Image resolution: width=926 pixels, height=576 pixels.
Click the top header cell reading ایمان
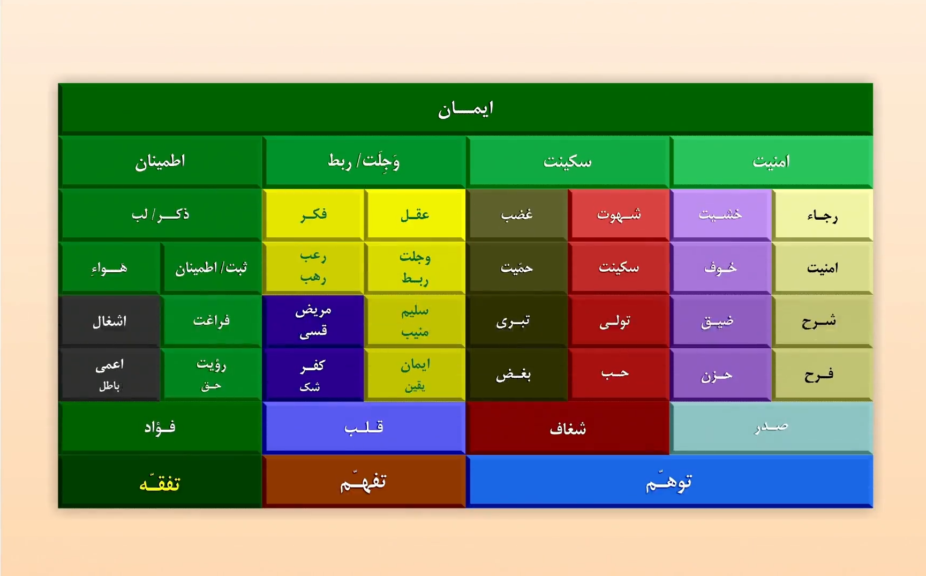tap(465, 109)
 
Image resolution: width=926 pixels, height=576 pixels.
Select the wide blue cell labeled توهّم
tap(669, 482)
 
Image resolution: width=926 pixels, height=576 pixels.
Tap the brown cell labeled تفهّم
tap(364, 482)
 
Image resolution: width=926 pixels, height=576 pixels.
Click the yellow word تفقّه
tap(160, 483)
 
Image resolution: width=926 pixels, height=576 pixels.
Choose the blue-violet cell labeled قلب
tap(364, 428)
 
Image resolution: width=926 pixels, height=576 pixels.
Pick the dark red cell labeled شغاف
tap(568, 428)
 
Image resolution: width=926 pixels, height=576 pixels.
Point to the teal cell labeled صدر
tap(771, 428)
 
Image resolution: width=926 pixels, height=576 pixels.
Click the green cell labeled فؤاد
tap(160, 428)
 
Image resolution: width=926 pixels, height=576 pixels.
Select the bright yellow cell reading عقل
tap(415, 214)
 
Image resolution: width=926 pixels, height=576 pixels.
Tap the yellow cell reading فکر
tap(313, 214)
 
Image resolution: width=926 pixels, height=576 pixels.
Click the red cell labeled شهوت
tap(619, 214)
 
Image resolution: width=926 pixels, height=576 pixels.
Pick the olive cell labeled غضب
tap(517, 214)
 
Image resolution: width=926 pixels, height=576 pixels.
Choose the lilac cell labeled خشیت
tap(720, 214)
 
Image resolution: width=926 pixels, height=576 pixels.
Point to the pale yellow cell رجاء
tap(822, 215)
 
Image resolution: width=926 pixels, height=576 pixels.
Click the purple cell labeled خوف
tap(720, 267)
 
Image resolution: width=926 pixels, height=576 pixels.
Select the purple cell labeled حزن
tap(717, 375)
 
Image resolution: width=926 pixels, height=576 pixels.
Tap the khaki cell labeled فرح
tap(819, 375)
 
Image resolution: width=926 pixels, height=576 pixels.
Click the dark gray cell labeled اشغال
tap(110, 321)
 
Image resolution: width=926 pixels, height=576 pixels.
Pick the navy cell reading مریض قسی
tap(313, 321)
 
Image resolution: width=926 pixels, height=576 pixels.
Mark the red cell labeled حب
tap(615, 373)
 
